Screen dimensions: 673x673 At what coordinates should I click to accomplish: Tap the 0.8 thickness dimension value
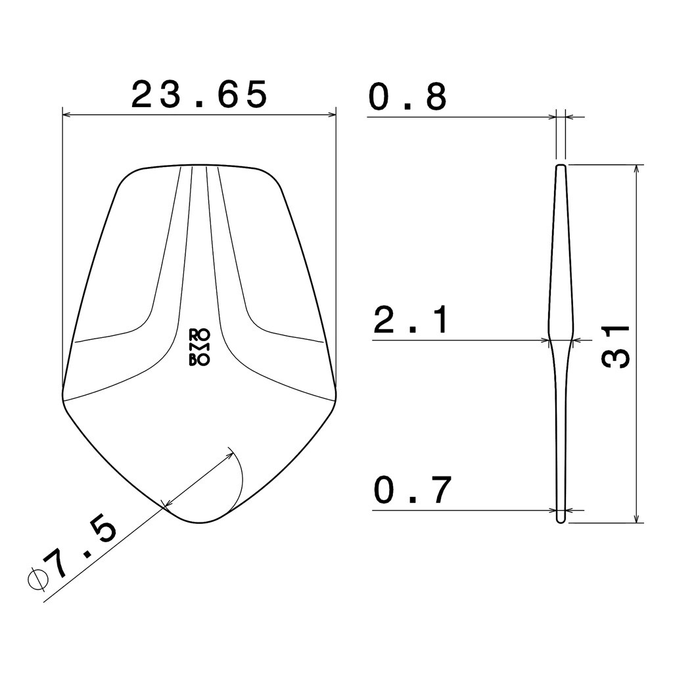point(407,97)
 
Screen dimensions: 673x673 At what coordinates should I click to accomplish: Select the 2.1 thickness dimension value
point(411,320)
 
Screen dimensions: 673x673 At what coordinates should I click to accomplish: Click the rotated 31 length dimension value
point(615,346)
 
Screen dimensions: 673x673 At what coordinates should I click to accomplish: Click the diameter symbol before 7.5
point(38,580)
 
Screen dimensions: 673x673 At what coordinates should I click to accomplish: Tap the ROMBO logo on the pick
point(199,348)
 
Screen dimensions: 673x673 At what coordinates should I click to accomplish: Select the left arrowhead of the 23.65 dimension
point(66,114)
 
